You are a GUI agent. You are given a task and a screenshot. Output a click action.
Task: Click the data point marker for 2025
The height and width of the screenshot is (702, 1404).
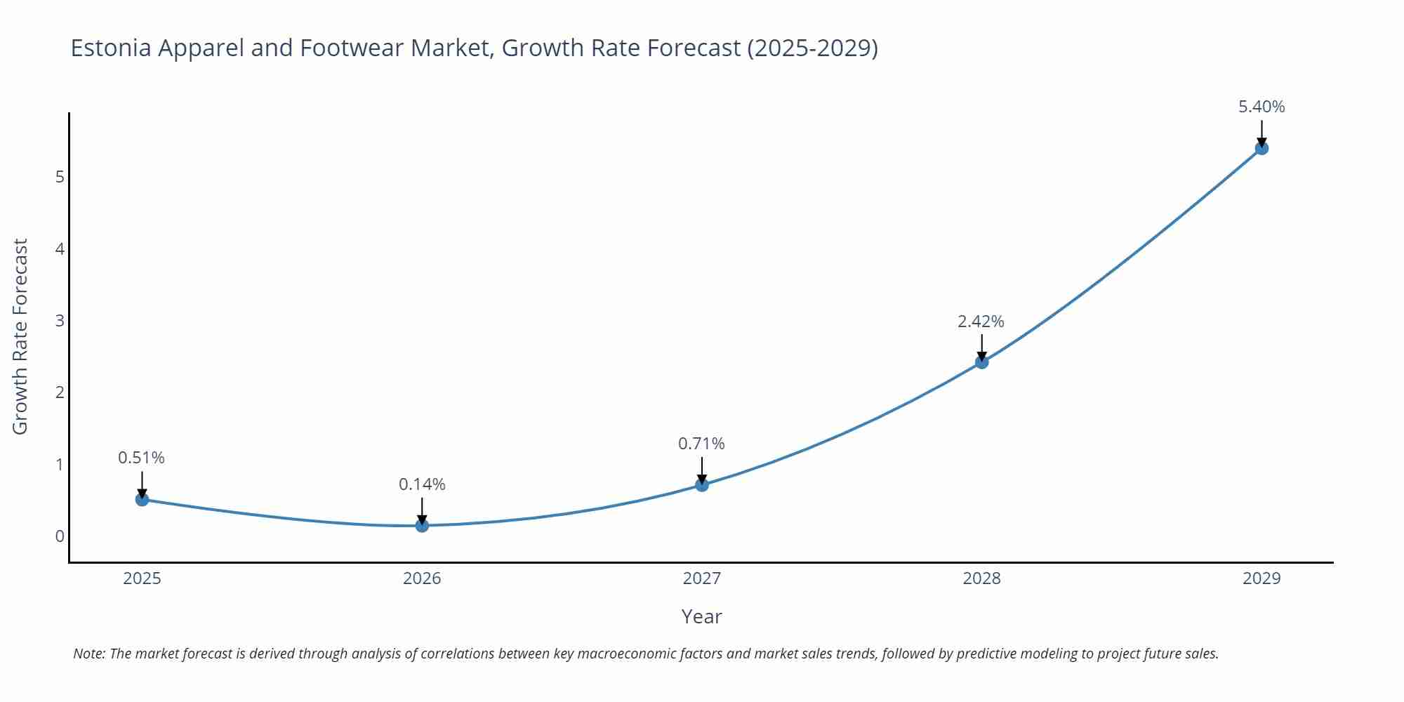(x=142, y=499)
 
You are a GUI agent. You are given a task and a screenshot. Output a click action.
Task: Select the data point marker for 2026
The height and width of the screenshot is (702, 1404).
(x=422, y=525)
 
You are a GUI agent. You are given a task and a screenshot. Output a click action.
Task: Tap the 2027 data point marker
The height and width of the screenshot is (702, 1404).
(x=702, y=484)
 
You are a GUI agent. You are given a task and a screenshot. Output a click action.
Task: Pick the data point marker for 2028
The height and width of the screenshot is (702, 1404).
(x=981, y=362)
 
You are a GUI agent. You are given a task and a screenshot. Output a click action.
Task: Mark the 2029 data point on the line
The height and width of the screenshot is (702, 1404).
(x=1261, y=148)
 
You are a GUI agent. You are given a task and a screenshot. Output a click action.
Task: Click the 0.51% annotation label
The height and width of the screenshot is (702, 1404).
(x=141, y=458)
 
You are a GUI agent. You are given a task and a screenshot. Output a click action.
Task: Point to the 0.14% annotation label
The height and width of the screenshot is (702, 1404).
(x=422, y=484)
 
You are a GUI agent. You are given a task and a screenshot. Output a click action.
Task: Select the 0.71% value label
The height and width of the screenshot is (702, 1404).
(x=701, y=444)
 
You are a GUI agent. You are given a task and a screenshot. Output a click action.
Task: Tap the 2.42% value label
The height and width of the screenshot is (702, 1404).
(x=981, y=322)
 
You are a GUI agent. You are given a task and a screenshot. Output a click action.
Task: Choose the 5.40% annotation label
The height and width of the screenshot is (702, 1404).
(x=1261, y=107)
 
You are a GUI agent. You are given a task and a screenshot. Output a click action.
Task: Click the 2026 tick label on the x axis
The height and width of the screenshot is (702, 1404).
(x=422, y=578)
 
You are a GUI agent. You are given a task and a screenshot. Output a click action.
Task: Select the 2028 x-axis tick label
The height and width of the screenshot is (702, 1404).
(x=981, y=578)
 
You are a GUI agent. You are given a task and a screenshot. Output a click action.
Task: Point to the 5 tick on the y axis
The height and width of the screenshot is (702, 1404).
(x=60, y=177)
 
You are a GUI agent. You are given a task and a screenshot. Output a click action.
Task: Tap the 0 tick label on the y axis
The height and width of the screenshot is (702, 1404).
(x=60, y=536)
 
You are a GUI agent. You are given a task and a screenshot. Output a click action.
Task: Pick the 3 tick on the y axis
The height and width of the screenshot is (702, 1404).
(x=60, y=321)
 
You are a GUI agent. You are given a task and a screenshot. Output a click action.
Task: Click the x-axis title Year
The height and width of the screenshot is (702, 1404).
(x=701, y=616)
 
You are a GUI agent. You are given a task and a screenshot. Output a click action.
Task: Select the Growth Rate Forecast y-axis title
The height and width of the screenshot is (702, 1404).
(x=20, y=336)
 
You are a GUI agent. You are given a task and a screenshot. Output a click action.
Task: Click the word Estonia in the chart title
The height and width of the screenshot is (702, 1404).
(x=111, y=48)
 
